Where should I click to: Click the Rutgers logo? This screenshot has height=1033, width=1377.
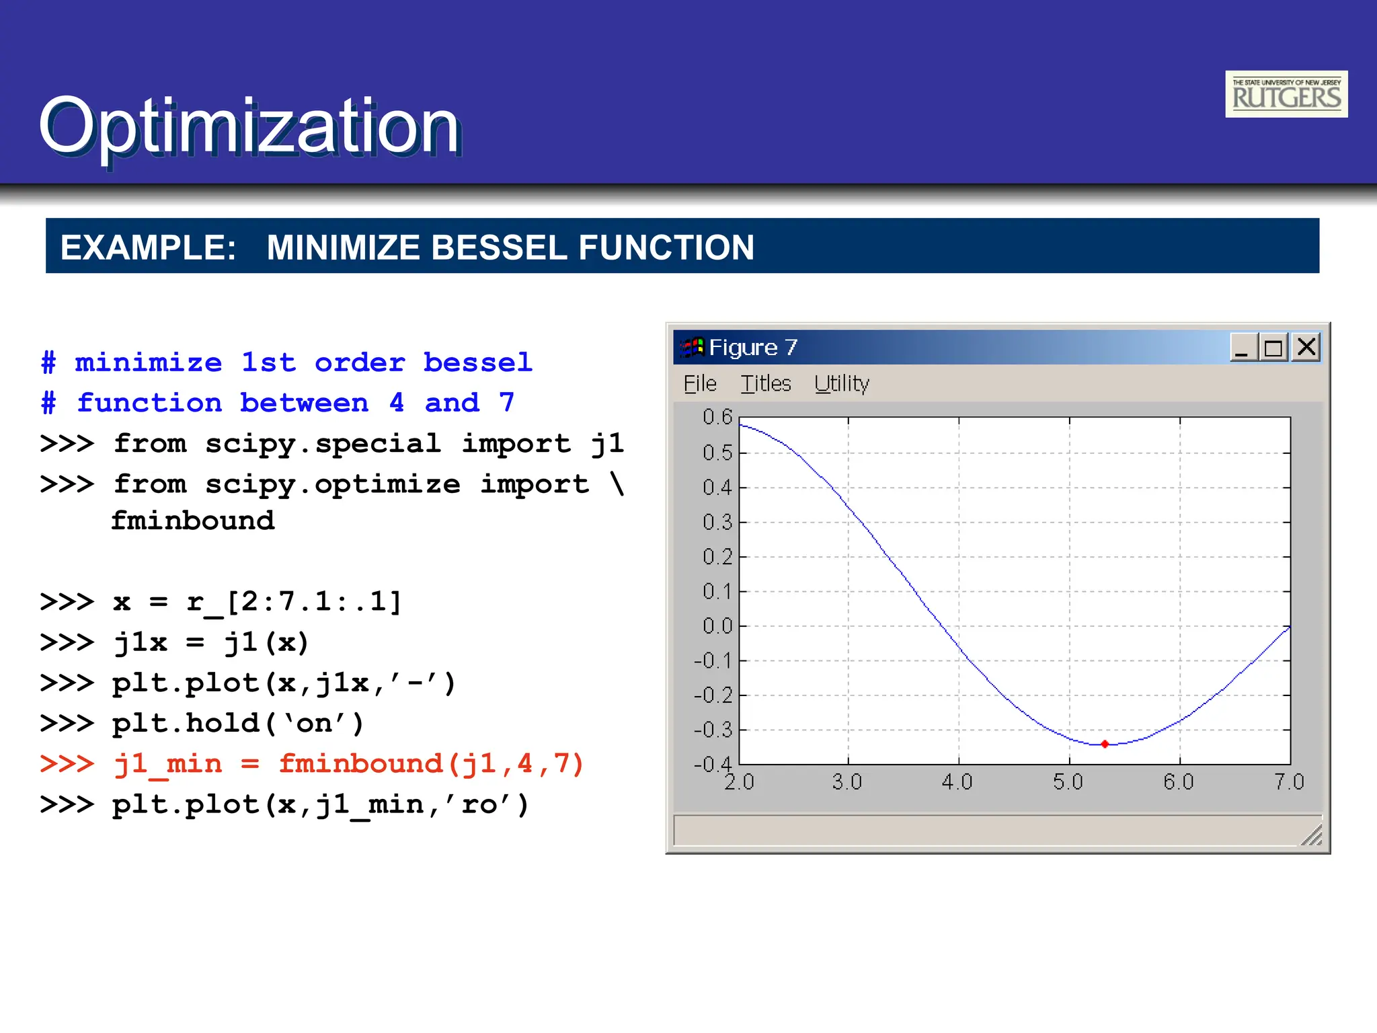point(1286,94)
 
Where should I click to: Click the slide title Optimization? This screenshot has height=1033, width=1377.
point(249,126)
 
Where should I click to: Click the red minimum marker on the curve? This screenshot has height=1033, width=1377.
point(1105,744)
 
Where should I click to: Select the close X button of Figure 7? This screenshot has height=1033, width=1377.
point(1306,347)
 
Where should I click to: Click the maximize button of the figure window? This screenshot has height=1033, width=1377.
point(1273,348)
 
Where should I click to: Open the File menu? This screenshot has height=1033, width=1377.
point(700,384)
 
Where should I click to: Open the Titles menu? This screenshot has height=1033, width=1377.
point(765,384)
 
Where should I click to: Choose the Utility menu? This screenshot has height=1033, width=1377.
point(841,384)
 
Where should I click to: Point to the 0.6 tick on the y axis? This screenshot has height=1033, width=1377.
point(717,417)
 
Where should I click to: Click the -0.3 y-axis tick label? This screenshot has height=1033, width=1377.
point(713,730)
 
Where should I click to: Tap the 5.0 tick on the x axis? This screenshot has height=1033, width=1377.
point(1068,782)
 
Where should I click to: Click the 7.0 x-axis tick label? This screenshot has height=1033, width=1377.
point(1288,782)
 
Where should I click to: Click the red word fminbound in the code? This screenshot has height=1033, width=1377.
point(360,764)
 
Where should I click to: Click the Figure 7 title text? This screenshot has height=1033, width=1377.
point(752,348)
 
